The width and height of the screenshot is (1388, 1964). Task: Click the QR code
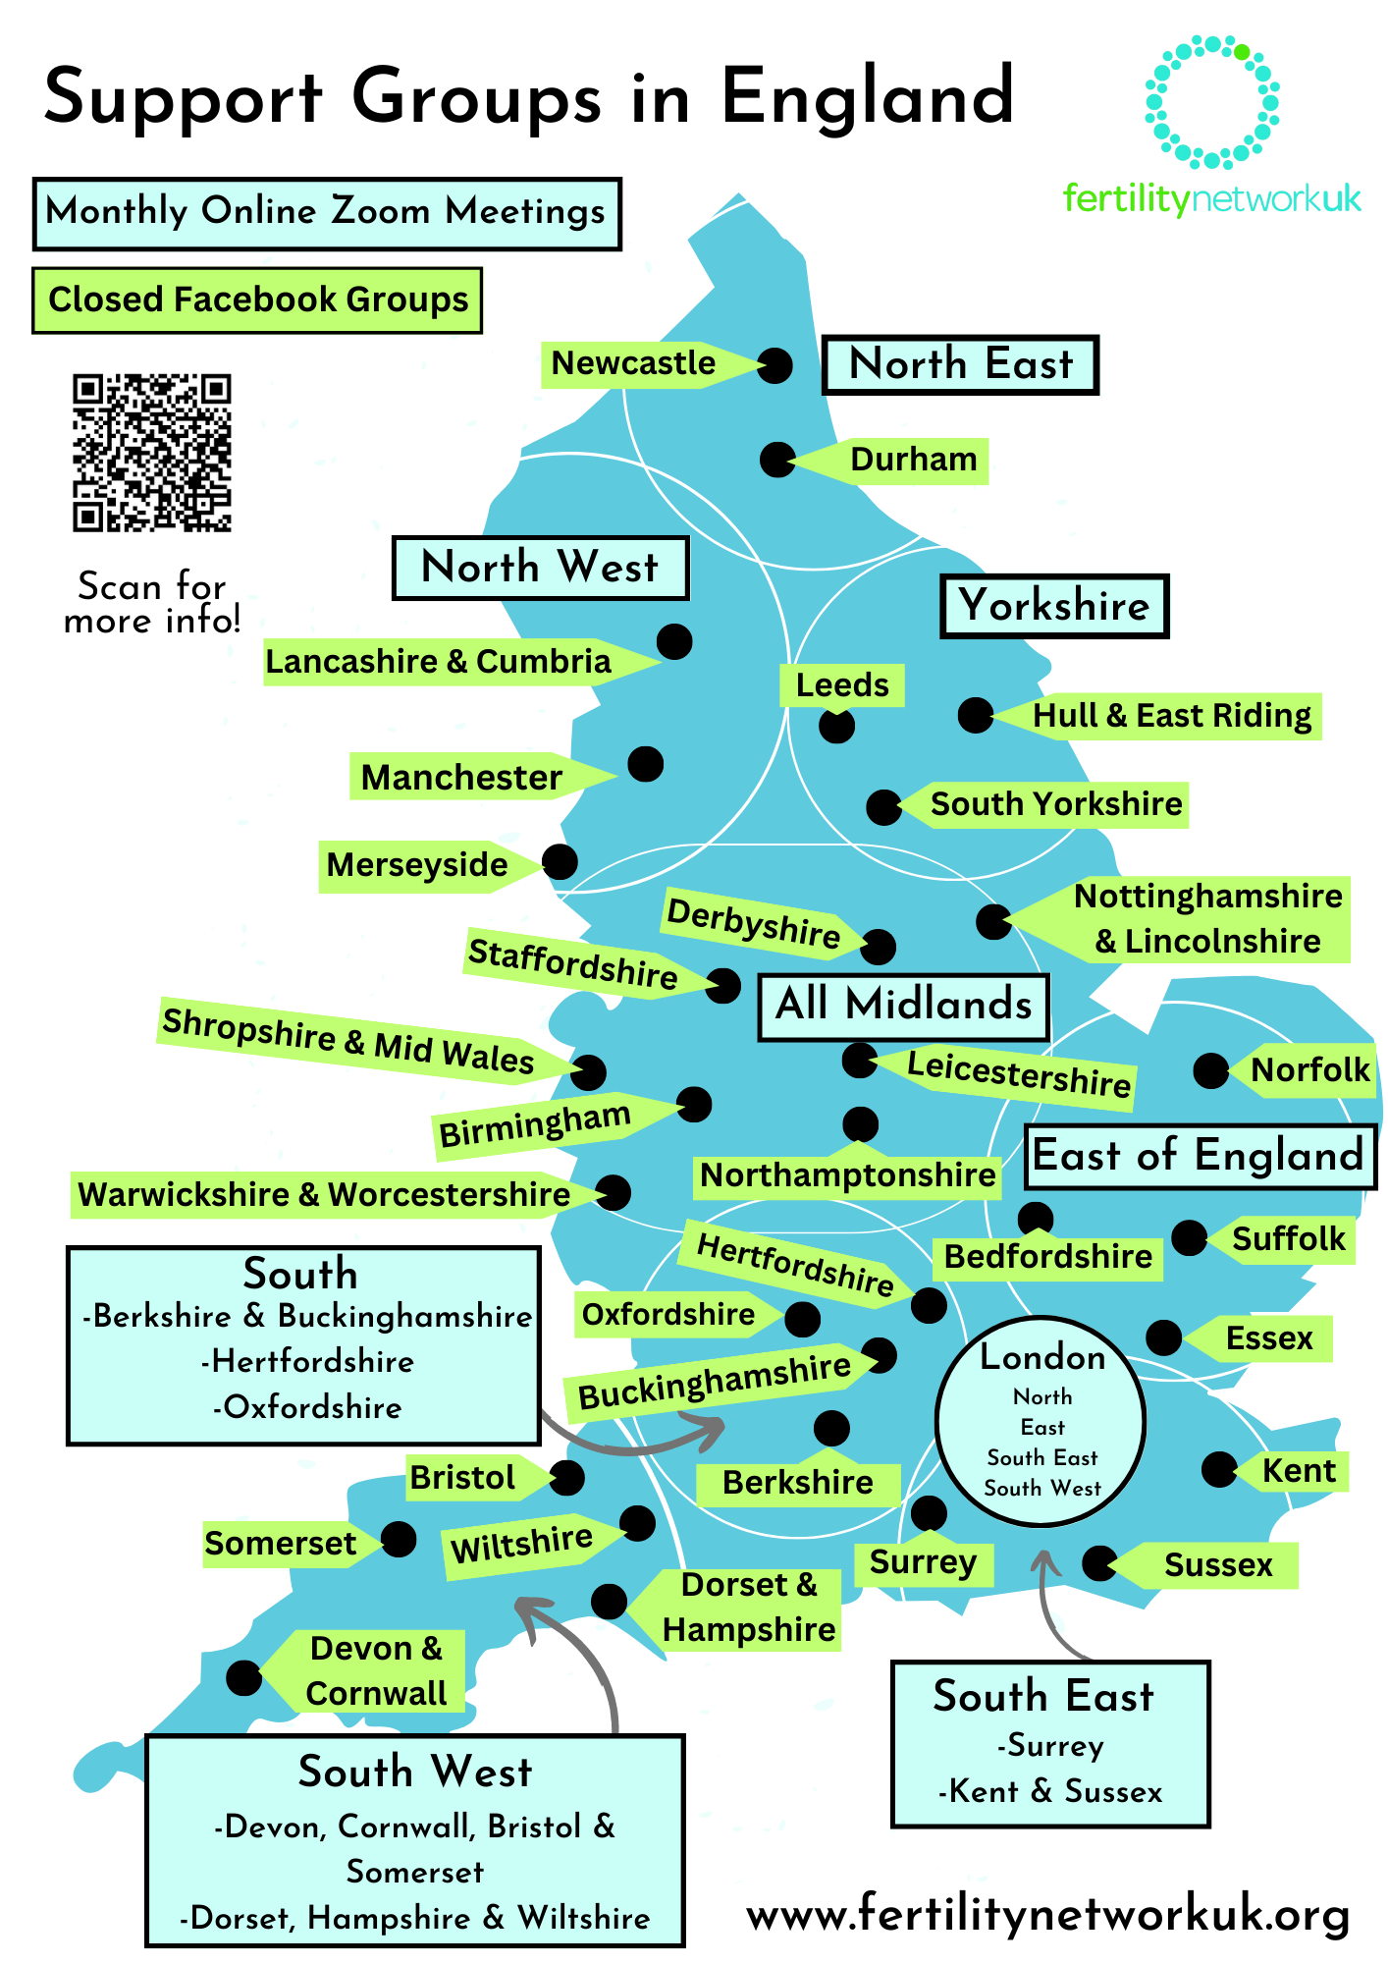pyautogui.click(x=152, y=452)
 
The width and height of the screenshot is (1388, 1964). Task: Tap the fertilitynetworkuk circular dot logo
pyautogui.click(x=1212, y=102)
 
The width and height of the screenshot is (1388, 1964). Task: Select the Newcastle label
pyautogui.click(x=634, y=363)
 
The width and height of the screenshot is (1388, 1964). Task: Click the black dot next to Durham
pyautogui.click(x=777, y=459)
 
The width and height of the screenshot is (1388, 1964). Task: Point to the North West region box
pyautogui.click(x=540, y=568)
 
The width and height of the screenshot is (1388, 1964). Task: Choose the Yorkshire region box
pyautogui.click(x=1054, y=606)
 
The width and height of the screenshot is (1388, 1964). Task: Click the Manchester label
pyautogui.click(x=461, y=778)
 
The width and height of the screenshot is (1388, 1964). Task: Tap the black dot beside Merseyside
pyautogui.click(x=560, y=861)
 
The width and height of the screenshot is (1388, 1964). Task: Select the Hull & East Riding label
pyautogui.click(x=1172, y=716)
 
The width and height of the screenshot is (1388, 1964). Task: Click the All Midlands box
pyautogui.click(x=903, y=1006)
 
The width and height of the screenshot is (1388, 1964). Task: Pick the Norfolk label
pyautogui.click(x=1309, y=1069)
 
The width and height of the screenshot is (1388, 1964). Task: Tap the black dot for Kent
pyautogui.click(x=1219, y=1469)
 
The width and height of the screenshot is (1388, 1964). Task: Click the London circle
pyautogui.click(x=1041, y=1421)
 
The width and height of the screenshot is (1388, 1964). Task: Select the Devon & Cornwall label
pyautogui.click(x=375, y=1671)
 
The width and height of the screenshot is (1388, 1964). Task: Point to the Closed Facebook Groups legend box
pyautogui.click(x=257, y=300)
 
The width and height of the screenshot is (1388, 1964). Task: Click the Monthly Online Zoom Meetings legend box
pyautogui.click(x=327, y=213)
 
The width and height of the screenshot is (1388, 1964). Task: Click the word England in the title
pyautogui.click(x=868, y=98)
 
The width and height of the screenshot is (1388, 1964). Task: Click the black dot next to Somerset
pyautogui.click(x=399, y=1539)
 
